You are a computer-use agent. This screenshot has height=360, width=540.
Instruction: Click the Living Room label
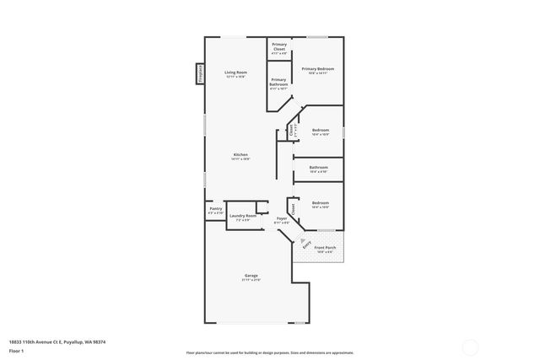click(235, 74)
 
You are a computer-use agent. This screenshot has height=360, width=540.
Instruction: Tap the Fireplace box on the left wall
click(200, 74)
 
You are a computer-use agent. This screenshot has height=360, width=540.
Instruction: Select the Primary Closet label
click(278, 47)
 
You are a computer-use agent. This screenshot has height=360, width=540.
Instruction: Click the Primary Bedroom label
click(318, 70)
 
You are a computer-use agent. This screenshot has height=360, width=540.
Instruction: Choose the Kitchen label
click(240, 156)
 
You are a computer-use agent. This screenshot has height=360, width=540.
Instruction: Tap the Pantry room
click(215, 212)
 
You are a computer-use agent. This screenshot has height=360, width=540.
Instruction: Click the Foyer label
click(282, 220)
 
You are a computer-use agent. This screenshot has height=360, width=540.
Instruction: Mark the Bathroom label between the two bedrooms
click(318, 169)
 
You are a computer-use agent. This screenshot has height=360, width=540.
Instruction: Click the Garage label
click(251, 277)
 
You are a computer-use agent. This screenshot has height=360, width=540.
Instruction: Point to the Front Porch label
click(325, 249)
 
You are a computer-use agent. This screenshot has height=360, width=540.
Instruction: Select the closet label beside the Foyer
click(293, 207)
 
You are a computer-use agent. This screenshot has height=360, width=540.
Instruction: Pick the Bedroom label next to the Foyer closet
click(320, 204)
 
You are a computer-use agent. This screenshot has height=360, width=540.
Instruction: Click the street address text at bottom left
click(57, 341)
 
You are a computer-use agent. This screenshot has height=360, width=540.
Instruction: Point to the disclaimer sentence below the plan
click(269, 352)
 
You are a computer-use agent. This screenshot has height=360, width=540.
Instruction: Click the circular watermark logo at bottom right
click(469, 347)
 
